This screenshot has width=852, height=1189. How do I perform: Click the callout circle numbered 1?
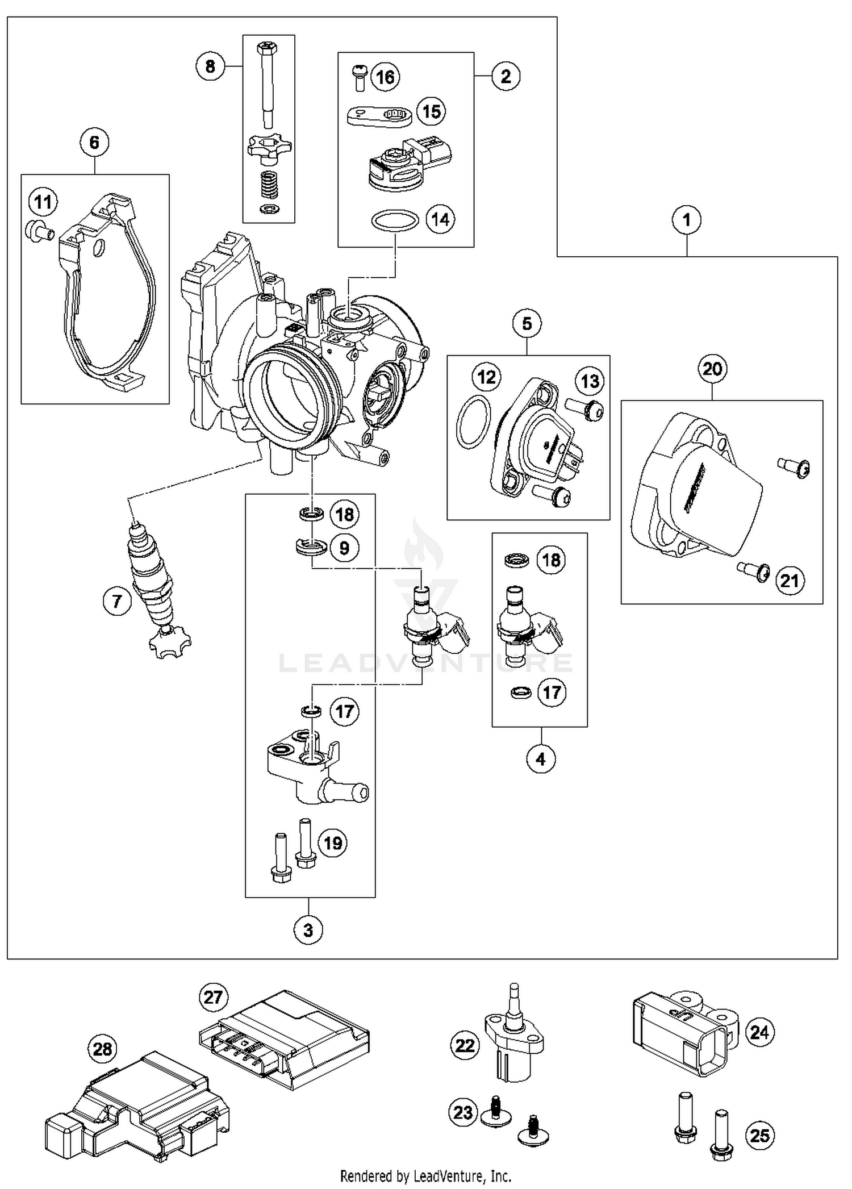(686, 220)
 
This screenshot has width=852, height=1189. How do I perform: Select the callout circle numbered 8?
(210, 66)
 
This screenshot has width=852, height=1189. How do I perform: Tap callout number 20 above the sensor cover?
(712, 369)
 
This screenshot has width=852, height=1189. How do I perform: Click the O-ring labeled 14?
(395, 220)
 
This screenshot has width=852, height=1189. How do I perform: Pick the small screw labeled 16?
(359, 77)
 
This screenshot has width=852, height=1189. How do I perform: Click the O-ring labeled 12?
(473, 423)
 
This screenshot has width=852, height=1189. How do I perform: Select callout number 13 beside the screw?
(590, 381)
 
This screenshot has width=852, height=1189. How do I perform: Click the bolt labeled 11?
(39, 230)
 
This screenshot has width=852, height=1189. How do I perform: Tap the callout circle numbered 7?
(117, 600)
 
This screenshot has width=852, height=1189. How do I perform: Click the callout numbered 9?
(344, 548)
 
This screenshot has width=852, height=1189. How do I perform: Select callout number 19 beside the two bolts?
(333, 842)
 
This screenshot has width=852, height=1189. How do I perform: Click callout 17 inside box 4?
(552, 692)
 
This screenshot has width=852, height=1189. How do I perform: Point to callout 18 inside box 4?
(551, 560)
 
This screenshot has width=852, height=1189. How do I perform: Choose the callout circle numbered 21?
(790, 581)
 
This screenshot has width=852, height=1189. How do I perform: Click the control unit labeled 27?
(284, 1040)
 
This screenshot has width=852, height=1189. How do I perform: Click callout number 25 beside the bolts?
(760, 1136)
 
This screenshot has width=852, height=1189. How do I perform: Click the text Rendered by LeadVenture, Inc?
(425, 1175)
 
